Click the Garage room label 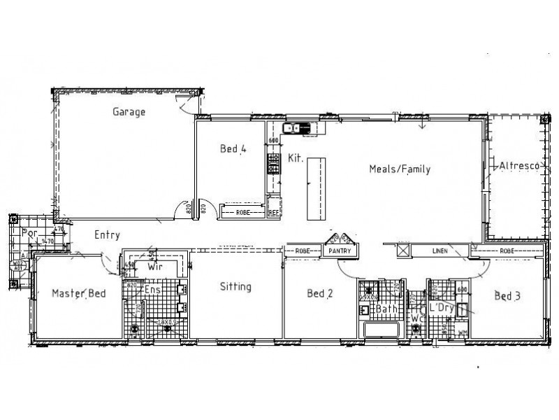128,112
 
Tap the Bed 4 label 233,148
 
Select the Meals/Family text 400,169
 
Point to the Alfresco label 518,166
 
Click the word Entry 107,236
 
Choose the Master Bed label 79,293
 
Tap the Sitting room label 235,286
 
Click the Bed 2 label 319,293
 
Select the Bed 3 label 507,295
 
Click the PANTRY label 340,250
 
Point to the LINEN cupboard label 439,250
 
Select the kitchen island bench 315,188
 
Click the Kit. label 294,159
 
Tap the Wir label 154,267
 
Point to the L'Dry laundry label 442,307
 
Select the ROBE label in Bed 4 243,211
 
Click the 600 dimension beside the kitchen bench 274,141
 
